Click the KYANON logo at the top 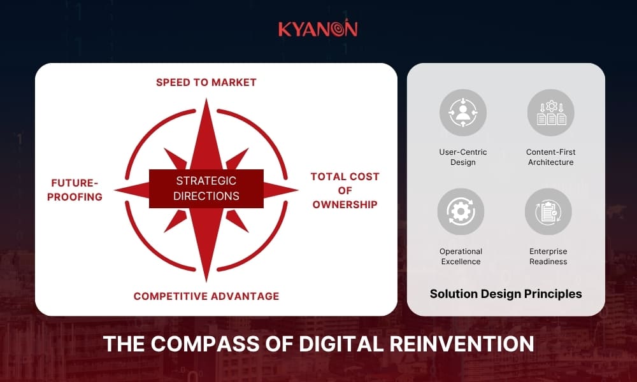pyautogui.click(x=318, y=29)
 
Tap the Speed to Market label pyautogui.click(x=206, y=82)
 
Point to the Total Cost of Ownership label pyautogui.click(x=345, y=190)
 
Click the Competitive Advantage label pyautogui.click(x=206, y=296)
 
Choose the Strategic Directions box pyautogui.click(x=206, y=188)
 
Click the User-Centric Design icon pyautogui.click(x=463, y=113)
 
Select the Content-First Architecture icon pyautogui.click(x=551, y=113)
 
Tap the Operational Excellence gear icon pyautogui.click(x=461, y=211)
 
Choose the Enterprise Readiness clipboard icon pyautogui.click(x=548, y=211)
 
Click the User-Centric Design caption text pyautogui.click(x=463, y=157)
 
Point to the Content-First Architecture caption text pyautogui.click(x=550, y=157)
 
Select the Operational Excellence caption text pyautogui.click(x=461, y=257)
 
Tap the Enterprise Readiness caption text pyautogui.click(x=548, y=257)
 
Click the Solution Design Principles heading pyautogui.click(x=506, y=294)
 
